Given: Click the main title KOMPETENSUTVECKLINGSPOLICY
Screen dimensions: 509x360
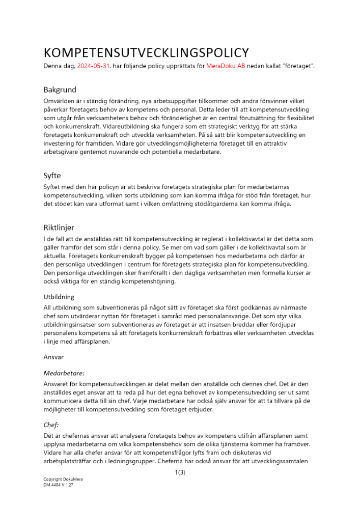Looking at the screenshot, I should [x=146, y=52].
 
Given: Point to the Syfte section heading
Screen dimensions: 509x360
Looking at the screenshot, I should [x=52, y=176].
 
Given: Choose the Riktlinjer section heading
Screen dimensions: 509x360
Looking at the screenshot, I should [x=59, y=227].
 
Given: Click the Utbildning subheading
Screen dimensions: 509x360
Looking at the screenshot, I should [x=59, y=297].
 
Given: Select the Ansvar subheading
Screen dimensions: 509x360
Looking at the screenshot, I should [x=53, y=357].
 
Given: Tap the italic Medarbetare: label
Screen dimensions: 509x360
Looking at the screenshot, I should [x=64, y=373].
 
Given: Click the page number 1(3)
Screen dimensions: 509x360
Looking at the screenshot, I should [x=180, y=472].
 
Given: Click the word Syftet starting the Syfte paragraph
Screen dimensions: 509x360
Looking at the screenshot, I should [x=53, y=187].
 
